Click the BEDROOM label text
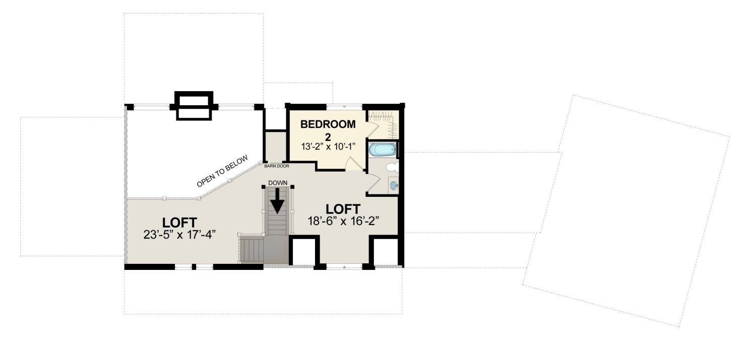click(328, 124)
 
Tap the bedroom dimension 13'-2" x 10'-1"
click(329, 147)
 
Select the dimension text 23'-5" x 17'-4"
click(179, 234)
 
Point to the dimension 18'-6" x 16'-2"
click(343, 221)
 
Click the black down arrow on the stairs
click(277, 201)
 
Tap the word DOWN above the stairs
click(278, 183)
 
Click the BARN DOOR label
click(276, 166)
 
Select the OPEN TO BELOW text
click(222, 171)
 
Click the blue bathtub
click(382, 150)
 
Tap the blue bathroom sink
click(394, 185)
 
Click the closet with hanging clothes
click(383, 124)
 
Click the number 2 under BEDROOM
click(328, 137)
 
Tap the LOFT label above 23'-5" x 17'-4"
click(179, 223)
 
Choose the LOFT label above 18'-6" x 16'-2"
click(343, 209)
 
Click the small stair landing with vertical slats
click(251, 249)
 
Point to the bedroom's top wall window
click(344, 106)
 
